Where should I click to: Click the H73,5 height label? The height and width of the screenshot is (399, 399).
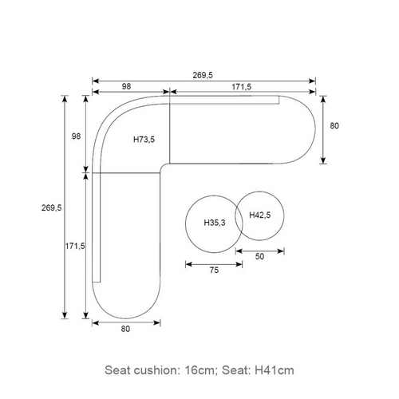144,140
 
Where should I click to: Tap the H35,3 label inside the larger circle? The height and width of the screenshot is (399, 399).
215,223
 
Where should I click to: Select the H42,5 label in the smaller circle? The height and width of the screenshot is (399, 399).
260,215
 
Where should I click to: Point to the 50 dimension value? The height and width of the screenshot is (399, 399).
259,256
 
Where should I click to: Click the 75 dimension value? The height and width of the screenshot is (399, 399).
214,271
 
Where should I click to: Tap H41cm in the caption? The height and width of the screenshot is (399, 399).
275,370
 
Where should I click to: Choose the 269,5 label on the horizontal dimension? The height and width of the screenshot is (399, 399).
203,75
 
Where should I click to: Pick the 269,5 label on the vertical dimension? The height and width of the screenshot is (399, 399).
51,207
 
